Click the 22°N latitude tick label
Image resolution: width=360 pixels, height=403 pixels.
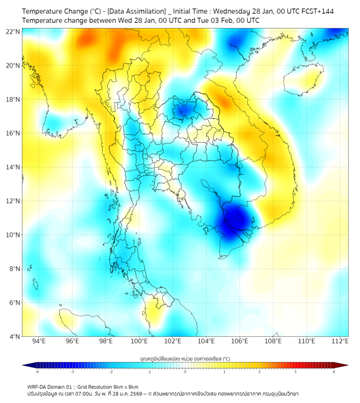13,31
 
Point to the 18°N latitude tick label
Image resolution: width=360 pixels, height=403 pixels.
13,99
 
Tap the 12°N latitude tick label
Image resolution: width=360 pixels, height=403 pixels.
13,201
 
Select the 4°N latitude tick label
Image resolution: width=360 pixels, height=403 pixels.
14,336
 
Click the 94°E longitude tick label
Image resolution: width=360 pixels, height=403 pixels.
39,341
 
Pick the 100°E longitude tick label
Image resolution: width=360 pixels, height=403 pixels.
139,341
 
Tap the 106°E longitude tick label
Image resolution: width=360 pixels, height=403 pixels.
240,341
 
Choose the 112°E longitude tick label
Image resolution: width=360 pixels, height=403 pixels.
340,341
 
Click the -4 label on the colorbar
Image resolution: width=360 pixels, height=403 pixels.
36,372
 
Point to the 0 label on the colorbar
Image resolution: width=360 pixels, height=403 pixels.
185,372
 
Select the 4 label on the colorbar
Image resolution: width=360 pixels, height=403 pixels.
333,372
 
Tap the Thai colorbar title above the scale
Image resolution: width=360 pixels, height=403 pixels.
185,358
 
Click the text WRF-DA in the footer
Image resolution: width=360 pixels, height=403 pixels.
39,386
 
